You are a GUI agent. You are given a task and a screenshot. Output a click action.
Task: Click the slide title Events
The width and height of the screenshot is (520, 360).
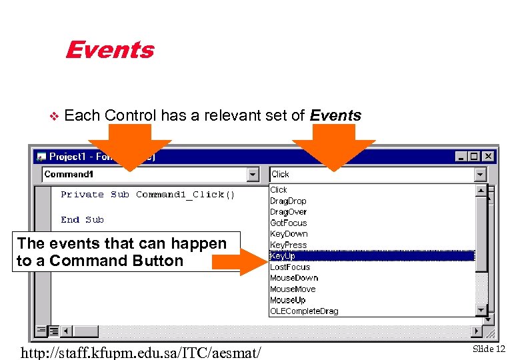(x=109, y=50)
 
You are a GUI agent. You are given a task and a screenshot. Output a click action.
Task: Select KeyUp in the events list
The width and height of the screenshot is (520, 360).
(x=283, y=256)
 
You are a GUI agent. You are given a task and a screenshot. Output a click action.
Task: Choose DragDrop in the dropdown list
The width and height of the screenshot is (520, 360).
(x=288, y=201)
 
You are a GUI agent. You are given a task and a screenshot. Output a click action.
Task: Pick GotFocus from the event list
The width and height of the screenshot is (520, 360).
(x=288, y=223)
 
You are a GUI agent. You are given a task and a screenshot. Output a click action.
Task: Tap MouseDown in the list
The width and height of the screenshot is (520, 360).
(x=294, y=278)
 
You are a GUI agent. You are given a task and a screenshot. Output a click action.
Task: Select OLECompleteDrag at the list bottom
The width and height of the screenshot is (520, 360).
(x=304, y=311)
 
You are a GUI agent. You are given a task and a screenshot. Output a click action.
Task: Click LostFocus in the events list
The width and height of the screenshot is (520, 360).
(x=290, y=267)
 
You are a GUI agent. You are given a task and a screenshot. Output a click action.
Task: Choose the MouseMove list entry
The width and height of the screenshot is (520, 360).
(x=293, y=289)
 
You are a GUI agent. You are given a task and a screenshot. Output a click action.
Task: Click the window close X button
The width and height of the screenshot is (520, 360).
(x=488, y=156)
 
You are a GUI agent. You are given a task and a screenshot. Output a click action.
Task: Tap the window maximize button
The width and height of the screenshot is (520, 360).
(x=474, y=156)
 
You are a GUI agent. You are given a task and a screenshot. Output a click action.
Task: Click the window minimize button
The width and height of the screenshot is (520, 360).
(x=462, y=156)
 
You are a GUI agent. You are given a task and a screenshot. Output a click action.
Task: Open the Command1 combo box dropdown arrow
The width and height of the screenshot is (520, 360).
(x=253, y=175)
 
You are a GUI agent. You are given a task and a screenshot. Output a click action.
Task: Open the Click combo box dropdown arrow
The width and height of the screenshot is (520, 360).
(x=481, y=175)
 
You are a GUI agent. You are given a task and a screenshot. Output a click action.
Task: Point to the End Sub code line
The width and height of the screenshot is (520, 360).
(x=82, y=220)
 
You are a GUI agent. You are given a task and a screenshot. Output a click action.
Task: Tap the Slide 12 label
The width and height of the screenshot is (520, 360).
(x=489, y=349)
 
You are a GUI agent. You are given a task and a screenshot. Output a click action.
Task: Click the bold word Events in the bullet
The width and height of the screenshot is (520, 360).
(x=335, y=115)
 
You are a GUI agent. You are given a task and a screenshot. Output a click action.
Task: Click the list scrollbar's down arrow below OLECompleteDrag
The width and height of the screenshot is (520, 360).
(x=481, y=310)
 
